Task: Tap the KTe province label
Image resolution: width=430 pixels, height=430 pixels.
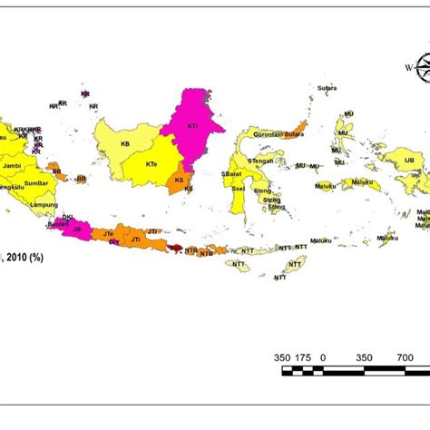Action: point(151,164)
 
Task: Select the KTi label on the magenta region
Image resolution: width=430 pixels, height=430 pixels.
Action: point(192,126)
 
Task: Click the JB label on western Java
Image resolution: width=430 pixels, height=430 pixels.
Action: point(77,230)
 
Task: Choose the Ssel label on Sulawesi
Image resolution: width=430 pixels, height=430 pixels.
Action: point(239,189)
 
